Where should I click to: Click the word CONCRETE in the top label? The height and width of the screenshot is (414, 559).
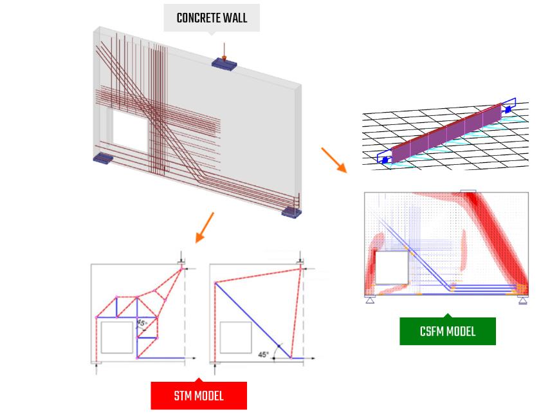pos(198,18)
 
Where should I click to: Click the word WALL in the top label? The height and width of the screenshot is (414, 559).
pos(235,18)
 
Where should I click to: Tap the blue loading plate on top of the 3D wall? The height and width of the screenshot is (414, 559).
pos(225,64)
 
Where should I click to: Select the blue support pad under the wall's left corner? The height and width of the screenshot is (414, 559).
pos(103,158)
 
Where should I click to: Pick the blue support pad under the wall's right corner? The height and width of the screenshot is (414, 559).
pos(291,212)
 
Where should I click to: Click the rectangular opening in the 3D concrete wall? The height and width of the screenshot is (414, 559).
pos(130,131)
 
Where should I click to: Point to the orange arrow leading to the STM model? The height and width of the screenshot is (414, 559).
pos(205,228)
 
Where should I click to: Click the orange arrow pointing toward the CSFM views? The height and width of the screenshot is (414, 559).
pos(334,160)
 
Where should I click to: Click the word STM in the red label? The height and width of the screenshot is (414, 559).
pos(181,396)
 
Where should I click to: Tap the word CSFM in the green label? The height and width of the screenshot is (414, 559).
pos(432,332)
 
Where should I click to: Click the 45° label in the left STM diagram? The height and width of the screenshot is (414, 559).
pos(141,324)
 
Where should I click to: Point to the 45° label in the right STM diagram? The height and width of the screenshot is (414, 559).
pos(264,355)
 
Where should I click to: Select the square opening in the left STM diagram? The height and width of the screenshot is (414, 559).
pos(117,337)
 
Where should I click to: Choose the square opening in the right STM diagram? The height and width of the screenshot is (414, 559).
pos(235,337)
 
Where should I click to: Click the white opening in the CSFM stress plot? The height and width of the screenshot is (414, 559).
pos(392,268)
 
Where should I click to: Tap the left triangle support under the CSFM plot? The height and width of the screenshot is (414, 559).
pos(370,300)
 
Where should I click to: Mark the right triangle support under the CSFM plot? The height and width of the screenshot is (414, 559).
pos(522,300)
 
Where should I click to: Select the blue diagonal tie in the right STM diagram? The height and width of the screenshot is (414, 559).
pos(253,320)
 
